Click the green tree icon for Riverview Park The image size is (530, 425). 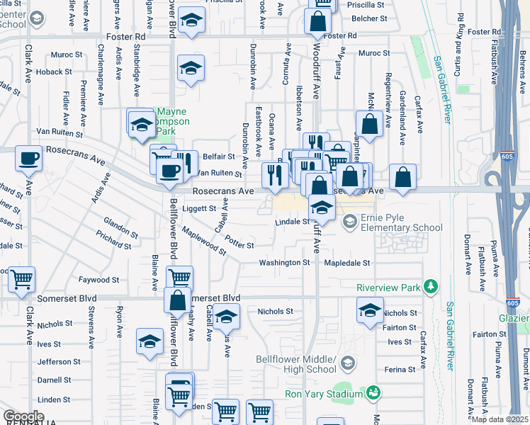tap(430, 287)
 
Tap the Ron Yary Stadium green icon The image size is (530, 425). tap(373, 393)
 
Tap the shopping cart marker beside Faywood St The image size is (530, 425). tap(22, 279)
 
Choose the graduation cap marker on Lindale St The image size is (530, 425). tap(322, 209)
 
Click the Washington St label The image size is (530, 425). tap(284, 263)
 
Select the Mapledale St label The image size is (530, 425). tap(347, 263)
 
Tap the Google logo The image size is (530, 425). tap(23, 416)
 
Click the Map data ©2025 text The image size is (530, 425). tap(500, 419)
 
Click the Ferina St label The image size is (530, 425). tap(400, 370)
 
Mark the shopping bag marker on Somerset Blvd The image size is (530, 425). tap(177, 300)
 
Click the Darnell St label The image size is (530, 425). tap(55, 380)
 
